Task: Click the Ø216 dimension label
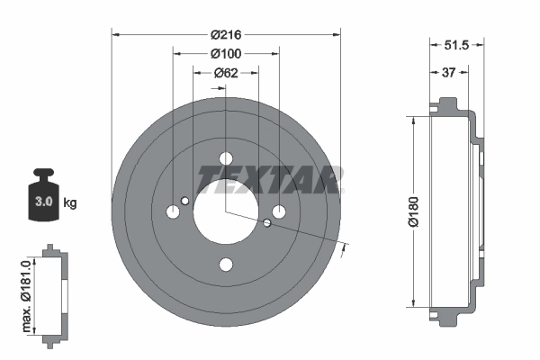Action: (226, 34)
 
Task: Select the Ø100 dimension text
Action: (226, 53)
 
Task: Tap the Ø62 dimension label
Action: (226, 73)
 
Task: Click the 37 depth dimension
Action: (447, 73)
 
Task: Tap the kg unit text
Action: (70, 203)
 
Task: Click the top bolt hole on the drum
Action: (226, 159)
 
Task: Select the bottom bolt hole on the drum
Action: (226, 265)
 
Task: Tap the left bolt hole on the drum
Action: (173, 212)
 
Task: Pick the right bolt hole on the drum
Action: (279, 212)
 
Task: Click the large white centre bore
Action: (226, 212)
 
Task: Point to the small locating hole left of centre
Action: (184, 201)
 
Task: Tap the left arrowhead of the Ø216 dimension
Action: (114, 34)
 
